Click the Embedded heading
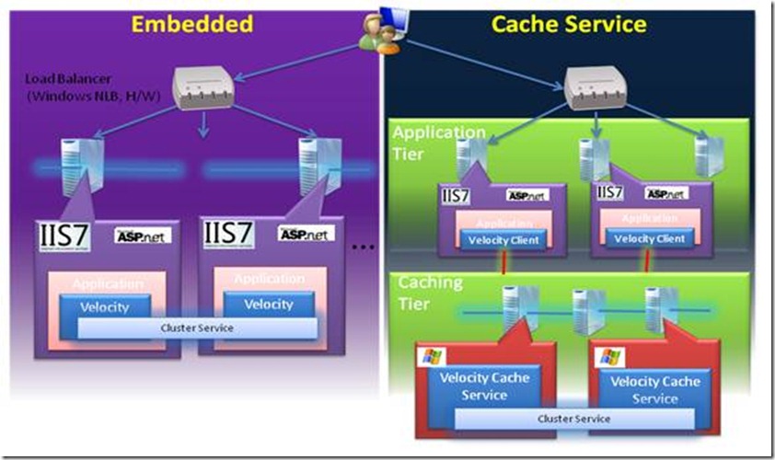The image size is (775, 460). point(191,23)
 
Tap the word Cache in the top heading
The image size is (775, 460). point(526,23)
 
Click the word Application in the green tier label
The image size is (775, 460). point(438,133)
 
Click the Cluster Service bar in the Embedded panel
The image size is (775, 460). point(197,328)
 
